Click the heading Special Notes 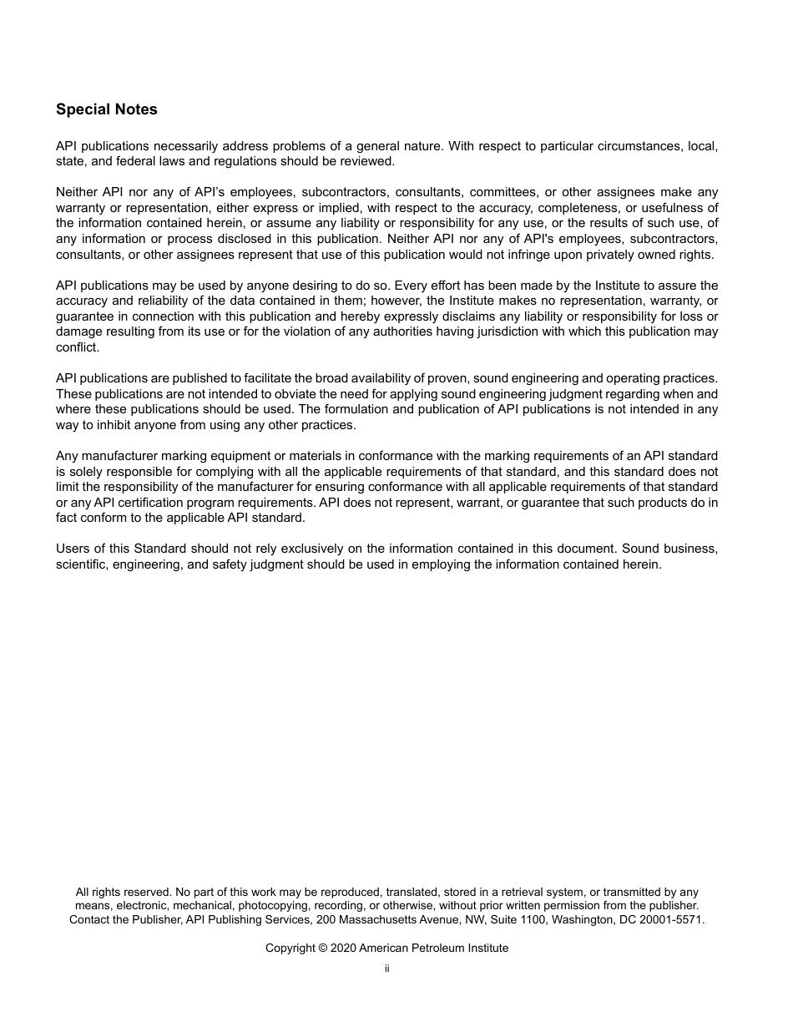pos(106,109)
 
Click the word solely pos(86,471)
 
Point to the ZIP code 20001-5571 pos(673,919)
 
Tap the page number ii pos(387,969)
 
